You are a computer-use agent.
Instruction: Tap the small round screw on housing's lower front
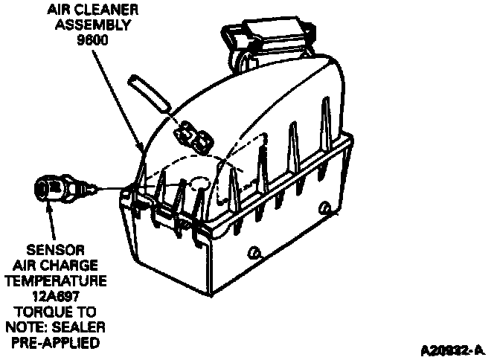click(x=256, y=254)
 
